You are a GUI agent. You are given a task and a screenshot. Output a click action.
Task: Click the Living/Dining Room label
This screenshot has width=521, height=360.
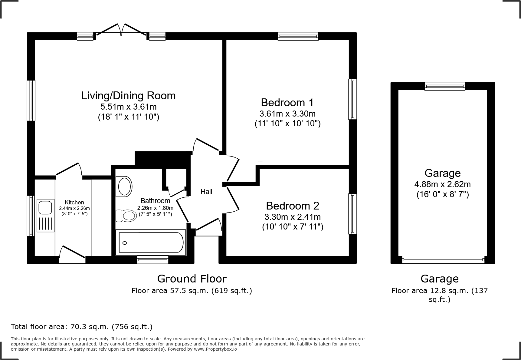click(128, 96)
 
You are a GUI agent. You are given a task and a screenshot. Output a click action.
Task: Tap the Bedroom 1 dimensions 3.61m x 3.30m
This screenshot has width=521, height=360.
click(287, 114)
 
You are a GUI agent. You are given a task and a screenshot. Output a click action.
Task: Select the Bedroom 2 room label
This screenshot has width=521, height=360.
click(293, 206)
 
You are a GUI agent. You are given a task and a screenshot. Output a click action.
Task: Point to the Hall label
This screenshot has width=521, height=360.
click(206, 192)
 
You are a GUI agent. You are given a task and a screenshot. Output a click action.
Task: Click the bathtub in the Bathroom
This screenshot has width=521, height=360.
click(151, 242)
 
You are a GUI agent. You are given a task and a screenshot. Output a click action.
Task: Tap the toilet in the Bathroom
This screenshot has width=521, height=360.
click(126, 216)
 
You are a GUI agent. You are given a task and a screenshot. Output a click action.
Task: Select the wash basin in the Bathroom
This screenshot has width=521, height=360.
click(124, 186)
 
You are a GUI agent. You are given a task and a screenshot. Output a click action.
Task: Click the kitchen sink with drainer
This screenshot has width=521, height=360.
click(45, 215)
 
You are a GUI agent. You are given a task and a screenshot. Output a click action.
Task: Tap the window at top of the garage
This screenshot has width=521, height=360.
click(444, 86)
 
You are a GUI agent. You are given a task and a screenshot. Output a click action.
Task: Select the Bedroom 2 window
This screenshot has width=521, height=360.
click(352, 214)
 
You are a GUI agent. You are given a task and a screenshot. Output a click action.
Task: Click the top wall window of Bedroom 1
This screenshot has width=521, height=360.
click(298, 36)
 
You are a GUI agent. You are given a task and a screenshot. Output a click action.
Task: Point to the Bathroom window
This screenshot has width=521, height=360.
click(152, 259)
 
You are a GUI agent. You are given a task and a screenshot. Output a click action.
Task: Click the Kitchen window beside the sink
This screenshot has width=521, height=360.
click(31, 216)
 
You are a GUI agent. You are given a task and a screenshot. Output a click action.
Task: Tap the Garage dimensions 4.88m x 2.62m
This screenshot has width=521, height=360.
click(442, 184)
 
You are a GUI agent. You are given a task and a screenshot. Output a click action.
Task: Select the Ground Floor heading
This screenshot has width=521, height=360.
click(192, 279)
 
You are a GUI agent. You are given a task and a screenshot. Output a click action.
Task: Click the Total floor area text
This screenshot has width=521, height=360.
click(82, 327)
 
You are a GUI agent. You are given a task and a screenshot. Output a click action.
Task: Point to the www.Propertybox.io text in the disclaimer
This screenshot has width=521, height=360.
click(215, 349)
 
